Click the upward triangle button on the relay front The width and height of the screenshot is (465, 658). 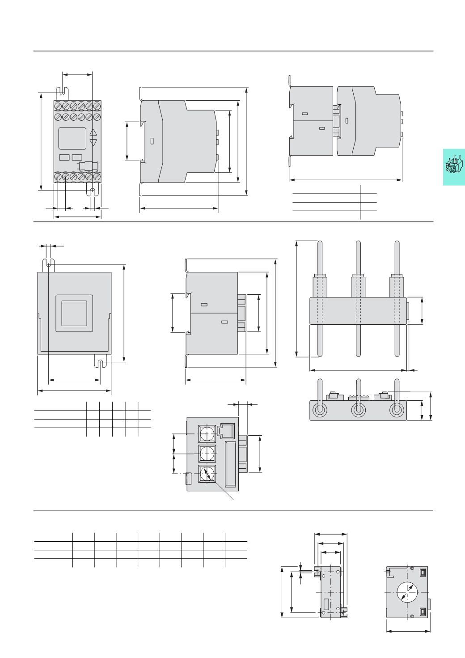tap(93, 132)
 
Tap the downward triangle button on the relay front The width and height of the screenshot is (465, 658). tap(93, 142)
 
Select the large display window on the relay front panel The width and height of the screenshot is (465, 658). tap(72, 138)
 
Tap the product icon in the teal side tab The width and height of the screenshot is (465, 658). tap(453, 166)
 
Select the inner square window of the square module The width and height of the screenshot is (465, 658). tap(74, 313)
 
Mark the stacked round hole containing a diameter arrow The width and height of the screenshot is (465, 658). tap(207, 474)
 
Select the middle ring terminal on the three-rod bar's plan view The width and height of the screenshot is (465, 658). tap(358, 410)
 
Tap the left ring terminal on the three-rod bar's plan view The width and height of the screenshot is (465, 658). tap(320, 410)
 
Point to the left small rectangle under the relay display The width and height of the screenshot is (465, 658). tap(64, 157)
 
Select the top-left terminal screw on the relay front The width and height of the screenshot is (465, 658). tap(58, 106)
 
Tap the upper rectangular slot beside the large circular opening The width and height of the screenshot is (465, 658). tap(423, 571)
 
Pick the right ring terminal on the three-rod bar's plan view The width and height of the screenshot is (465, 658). tap(397, 410)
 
